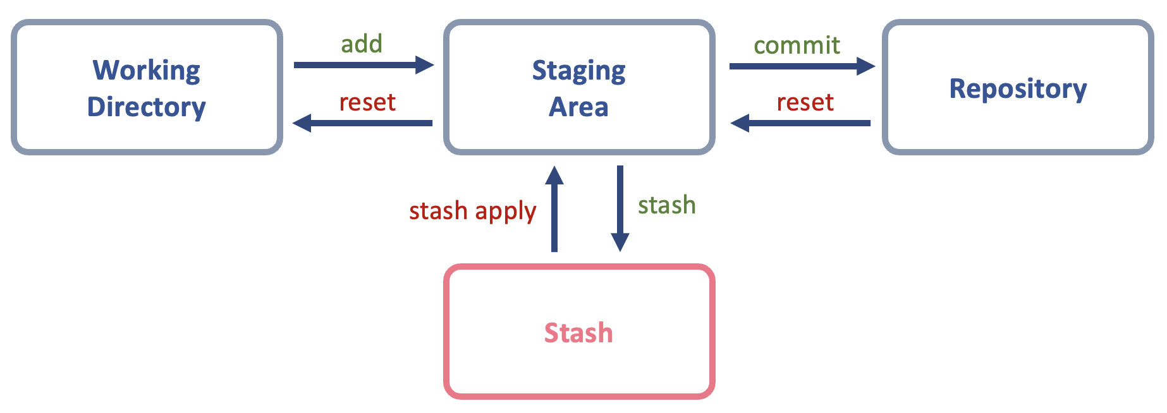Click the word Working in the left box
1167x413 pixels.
pos(146,70)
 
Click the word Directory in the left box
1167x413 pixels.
pos(146,107)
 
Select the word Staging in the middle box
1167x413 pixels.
pos(578,71)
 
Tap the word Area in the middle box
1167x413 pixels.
pos(578,107)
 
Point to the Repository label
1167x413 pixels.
pos(1018,89)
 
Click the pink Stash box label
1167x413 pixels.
pos(578,333)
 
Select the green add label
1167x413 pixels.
pos(362,44)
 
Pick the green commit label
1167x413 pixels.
pos(797,45)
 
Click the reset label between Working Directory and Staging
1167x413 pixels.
pos(367,102)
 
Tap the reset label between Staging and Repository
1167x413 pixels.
pos(805,102)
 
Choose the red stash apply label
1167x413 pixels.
pos(472,211)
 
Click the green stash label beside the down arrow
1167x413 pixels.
pos(666,205)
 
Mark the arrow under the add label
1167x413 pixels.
pos(360,64)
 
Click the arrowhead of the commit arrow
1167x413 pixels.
pos(865,66)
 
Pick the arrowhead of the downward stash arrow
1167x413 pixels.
pos(620,242)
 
